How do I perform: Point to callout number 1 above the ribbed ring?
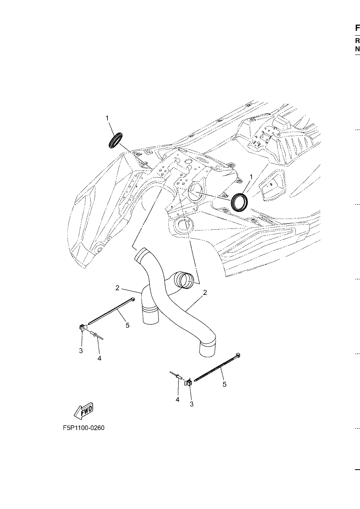[107, 118]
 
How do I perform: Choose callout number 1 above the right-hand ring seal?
[251, 177]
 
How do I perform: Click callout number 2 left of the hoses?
[117, 288]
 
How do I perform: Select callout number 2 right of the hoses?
[205, 293]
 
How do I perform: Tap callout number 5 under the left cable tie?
[128, 325]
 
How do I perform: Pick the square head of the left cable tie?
[133, 300]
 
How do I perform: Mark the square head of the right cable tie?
[238, 355]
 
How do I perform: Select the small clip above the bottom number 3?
[188, 383]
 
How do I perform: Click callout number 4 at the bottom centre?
[177, 399]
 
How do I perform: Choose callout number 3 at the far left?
[81, 351]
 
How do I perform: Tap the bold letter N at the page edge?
[358, 49]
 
